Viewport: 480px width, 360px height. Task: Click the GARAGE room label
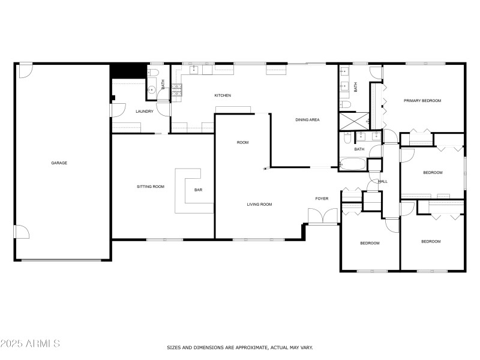coord(59,163)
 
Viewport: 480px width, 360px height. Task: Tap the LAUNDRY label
coord(144,111)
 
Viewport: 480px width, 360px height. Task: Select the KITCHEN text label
coord(223,95)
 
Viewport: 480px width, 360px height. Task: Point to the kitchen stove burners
coord(178,90)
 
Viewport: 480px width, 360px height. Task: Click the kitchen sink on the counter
coord(194,70)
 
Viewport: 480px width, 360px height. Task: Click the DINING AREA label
coord(307,120)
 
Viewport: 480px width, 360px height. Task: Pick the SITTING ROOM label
coord(150,187)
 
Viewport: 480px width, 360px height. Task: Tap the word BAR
coord(198,190)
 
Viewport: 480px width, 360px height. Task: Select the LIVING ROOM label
coord(259,205)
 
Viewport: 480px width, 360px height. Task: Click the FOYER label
coord(322,199)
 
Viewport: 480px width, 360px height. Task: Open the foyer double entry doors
coord(322,217)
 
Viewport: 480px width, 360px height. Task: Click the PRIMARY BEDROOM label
coord(422,101)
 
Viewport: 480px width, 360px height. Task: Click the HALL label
coord(383,181)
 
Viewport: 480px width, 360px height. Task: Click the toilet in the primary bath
coord(346,104)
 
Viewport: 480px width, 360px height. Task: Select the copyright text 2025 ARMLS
coord(30,344)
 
